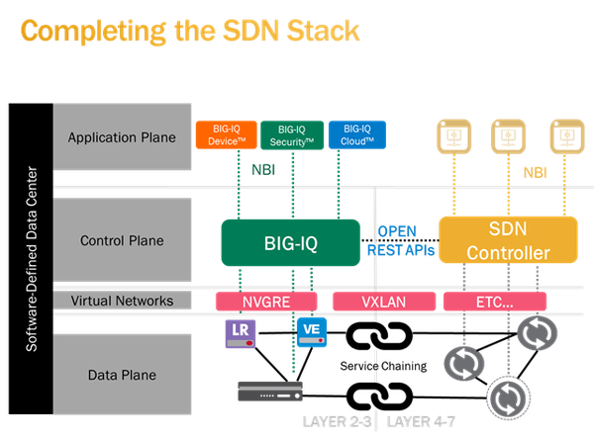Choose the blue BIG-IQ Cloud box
click(x=355, y=135)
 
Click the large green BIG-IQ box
click(x=290, y=240)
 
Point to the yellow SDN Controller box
click(x=507, y=241)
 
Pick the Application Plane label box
click(x=122, y=137)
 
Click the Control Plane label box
click(x=122, y=239)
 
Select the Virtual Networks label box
click(x=122, y=300)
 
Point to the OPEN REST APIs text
click(x=402, y=240)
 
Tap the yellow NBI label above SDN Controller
click(x=535, y=171)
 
